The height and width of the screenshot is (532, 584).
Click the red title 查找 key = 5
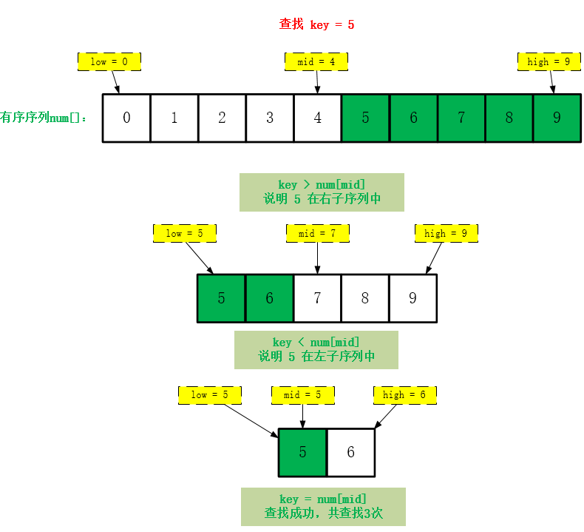tap(316, 24)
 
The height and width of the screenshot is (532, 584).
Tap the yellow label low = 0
tap(109, 61)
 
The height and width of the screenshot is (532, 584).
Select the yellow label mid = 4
tap(316, 61)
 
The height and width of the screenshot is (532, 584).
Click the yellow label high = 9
tap(549, 61)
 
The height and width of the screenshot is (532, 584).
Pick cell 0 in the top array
tap(126, 118)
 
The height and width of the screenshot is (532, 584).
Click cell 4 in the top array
tap(317, 118)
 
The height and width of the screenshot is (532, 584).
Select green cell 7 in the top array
tap(461, 118)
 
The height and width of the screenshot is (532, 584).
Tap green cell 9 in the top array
tap(557, 118)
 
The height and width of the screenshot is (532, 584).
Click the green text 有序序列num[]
tap(44, 118)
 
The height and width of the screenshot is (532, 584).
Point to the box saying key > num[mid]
tap(322, 192)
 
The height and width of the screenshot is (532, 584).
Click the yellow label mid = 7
tap(318, 233)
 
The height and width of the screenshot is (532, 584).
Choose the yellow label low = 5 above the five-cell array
tap(184, 233)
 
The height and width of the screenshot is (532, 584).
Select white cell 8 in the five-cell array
tap(365, 298)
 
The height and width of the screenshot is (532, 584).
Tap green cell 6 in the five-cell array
tap(269, 298)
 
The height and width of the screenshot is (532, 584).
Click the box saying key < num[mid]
tap(316, 349)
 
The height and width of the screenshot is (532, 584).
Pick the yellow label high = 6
tap(404, 394)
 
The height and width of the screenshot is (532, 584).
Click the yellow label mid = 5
tap(303, 394)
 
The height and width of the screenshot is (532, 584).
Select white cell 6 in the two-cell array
tap(350, 452)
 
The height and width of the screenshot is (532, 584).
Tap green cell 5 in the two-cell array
tap(302, 452)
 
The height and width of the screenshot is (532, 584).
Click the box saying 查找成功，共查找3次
tap(323, 506)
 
